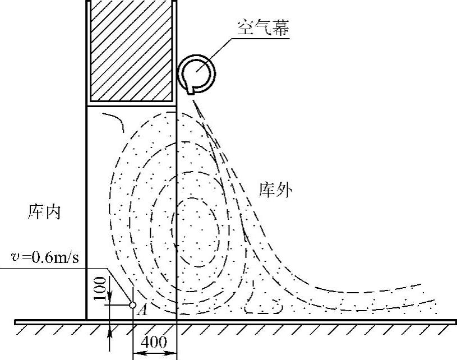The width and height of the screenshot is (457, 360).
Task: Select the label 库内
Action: (x=43, y=213)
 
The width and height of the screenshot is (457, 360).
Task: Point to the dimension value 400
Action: (x=154, y=341)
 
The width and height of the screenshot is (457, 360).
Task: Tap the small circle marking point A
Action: (x=133, y=305)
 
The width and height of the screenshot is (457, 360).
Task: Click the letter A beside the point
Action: (x=142, y=310)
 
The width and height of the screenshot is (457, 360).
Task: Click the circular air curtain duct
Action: (x=196, y=72)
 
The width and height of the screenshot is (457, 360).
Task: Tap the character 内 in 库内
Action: (x=52, y=213)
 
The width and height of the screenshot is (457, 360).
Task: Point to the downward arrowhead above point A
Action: (x=109, y=297)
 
